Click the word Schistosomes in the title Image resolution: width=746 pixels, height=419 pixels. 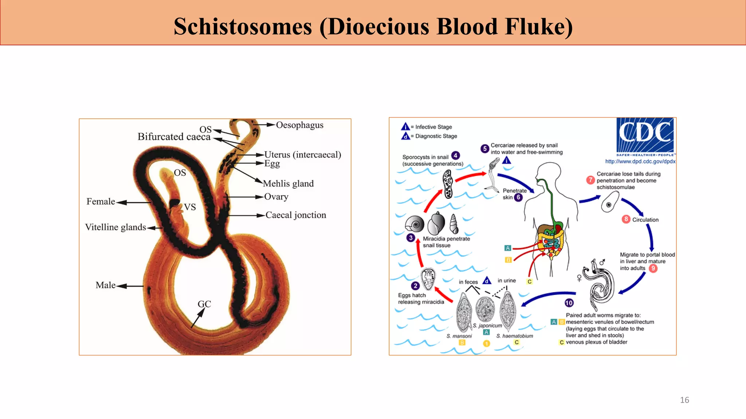[x=243, y=27]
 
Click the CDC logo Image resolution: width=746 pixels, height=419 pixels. [x=645, y=135]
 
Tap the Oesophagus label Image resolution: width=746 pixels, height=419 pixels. [x=299, y=125]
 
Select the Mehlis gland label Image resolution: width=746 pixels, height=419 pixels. [x=288, y=184]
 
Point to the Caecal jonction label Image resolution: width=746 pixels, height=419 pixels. [x=296, y=215]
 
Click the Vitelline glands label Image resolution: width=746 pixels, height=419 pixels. [x=115, y=227]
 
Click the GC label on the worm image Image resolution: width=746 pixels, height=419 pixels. [x=204, y=304]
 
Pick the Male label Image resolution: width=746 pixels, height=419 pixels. [x=106, y=285]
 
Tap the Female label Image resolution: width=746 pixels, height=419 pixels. [x=101, y=201]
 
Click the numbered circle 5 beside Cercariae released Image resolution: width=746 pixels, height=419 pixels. [x=484, y=148]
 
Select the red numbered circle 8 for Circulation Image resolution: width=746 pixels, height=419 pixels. [x=626, y=219]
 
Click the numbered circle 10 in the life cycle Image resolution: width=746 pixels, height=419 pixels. [x=569, y=303]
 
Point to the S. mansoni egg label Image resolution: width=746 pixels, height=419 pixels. [x=459, y=336]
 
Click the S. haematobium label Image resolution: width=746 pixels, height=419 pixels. [x=514, y=336]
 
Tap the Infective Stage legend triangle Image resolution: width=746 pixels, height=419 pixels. [x=405, y=127]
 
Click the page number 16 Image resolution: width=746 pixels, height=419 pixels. [x=684, y=400]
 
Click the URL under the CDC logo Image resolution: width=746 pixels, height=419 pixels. [x=640, y=161]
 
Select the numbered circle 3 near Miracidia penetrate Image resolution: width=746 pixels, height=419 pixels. [x=411, y=238]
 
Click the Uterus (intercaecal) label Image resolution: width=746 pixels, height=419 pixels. [x=303, y=155]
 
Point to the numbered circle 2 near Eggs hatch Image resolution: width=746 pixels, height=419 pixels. [x=415, y=286]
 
